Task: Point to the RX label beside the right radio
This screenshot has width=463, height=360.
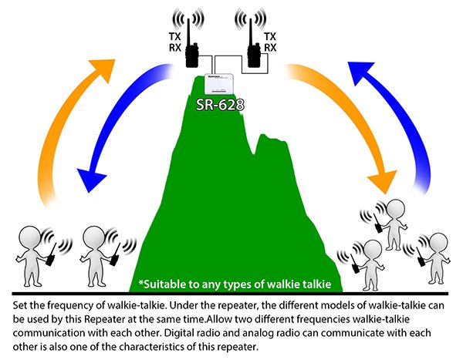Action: tap(270, 47)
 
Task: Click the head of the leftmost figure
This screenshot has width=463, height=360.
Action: tap(31, 236)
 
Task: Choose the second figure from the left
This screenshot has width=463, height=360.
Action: tap(98, 251)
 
